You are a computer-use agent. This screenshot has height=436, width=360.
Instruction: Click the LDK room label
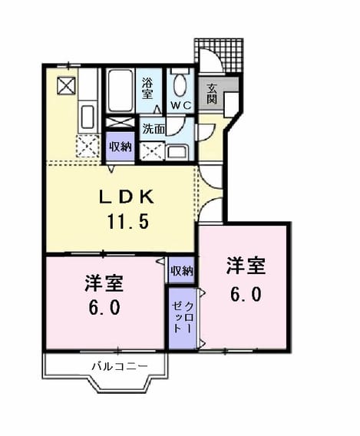click(x=127, y=197)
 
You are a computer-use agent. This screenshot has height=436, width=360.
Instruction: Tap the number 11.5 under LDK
click(x=128, y=222)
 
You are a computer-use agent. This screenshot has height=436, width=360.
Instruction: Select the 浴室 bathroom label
click(x=147, y=88)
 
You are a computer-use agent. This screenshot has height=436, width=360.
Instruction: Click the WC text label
click(x=181, y=105)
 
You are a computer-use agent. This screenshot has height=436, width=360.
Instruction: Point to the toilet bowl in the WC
click(x=180, y=84)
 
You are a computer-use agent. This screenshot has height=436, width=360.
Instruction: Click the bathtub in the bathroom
click(x=120, y=91)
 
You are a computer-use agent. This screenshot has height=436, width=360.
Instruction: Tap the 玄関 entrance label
click(x=212, y=94)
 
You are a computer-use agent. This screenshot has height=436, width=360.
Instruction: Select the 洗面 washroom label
click(x=154, y=128)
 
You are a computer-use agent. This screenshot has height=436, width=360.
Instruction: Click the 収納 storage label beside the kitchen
click(x=121, y=147)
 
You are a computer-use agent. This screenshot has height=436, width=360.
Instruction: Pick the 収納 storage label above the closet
click(x=182, y=270)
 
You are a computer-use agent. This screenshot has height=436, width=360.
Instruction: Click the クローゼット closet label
click(x=183, y=317)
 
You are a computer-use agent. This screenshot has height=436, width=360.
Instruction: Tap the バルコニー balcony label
click(x=120, y=366)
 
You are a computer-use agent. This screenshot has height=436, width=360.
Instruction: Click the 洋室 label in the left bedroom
click(x=104, y=283)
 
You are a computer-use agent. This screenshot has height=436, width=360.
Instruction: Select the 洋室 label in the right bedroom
click(x=246, y=266)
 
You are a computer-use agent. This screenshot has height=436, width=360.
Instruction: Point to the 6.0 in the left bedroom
click(x=104, y=307)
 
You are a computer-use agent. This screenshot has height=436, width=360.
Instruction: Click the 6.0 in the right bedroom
click(x=246, y=294)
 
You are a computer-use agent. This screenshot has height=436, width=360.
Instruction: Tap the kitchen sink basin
click(x=88, y=117)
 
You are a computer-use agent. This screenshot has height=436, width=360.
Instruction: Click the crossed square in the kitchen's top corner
click(x=67, y=86)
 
